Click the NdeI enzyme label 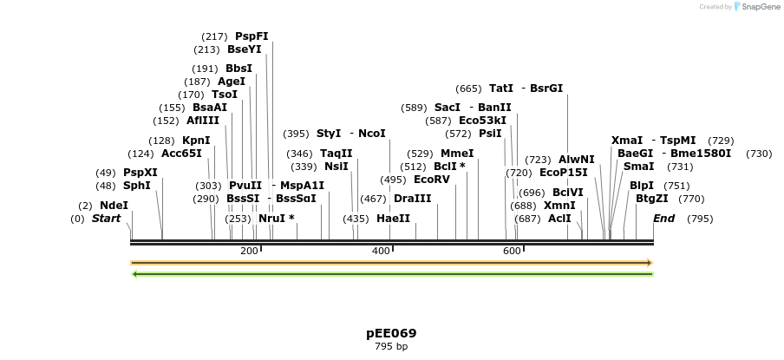click(114, 206)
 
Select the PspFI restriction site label click(252, 36)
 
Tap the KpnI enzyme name click(196, 141)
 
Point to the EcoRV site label click(432, 180)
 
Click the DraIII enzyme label click(413, 199)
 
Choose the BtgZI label click(652, 199)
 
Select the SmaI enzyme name click(639, 167)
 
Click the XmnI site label click(559, 206)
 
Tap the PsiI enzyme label click(490, 134)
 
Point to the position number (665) click(468, 88)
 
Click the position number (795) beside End click(699, 219)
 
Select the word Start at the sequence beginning click(106, 219)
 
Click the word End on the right click(663, 219)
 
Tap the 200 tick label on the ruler click(249, 251)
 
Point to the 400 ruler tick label click(381, 251)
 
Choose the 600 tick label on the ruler click(512, 251)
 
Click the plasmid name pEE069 click(391, 333)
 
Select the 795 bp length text click(391, 347)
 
